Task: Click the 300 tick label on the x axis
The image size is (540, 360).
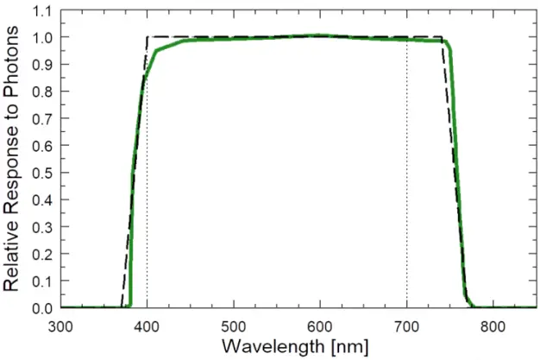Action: point(60,327)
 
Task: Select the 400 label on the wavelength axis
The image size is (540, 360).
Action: point(148,327)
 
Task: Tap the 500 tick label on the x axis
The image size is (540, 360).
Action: point(234,327)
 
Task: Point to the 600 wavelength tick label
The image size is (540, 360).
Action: point(320,327)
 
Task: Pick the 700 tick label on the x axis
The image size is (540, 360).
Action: point(406,327)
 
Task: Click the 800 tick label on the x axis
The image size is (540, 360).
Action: point(493,327)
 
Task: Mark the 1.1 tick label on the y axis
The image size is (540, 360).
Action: point(41,11)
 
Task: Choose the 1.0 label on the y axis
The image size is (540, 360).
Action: point(41,38)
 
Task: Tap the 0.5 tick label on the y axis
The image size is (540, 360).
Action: point(41,173)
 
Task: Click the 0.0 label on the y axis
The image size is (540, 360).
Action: point(41,308)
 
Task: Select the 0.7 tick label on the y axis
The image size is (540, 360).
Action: point(41,119)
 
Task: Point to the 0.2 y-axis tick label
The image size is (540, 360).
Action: point(41,254)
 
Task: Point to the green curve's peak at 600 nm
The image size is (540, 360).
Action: point(320,35)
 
